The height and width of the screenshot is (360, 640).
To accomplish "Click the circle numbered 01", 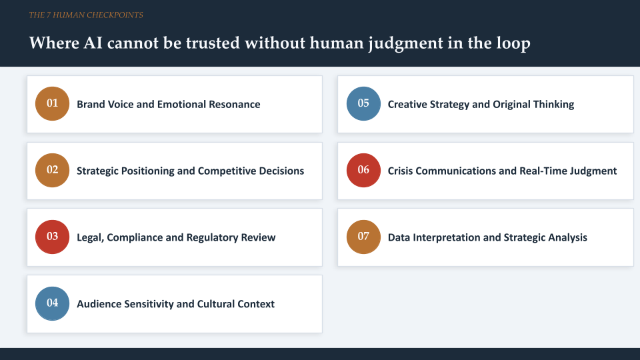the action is [52, 104].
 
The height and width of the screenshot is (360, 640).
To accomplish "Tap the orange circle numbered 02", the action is [52, 170].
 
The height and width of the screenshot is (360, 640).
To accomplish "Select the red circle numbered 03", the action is [52, 237].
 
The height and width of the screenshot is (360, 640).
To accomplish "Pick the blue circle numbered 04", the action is [52, 303].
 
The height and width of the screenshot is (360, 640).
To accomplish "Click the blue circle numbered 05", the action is [363, 104].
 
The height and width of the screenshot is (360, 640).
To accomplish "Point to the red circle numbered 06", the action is [363, 170].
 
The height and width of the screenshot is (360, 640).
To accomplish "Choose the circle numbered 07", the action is [363, 237].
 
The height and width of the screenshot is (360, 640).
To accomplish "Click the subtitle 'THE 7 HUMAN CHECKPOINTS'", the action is [86, 15].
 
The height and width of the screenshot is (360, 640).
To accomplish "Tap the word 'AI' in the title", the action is [93, 43].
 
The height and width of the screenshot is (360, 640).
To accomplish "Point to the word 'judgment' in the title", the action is [405, 44].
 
